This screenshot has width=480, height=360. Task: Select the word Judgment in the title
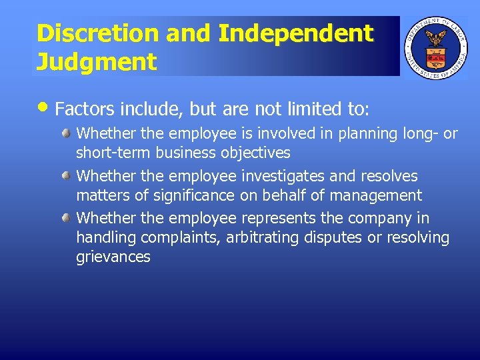pyautogui.click(x=97, y=62)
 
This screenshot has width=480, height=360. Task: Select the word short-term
pyautogui.click(x=114, y=153)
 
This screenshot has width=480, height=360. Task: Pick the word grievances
pyautogui.click(x=113, y=257)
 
